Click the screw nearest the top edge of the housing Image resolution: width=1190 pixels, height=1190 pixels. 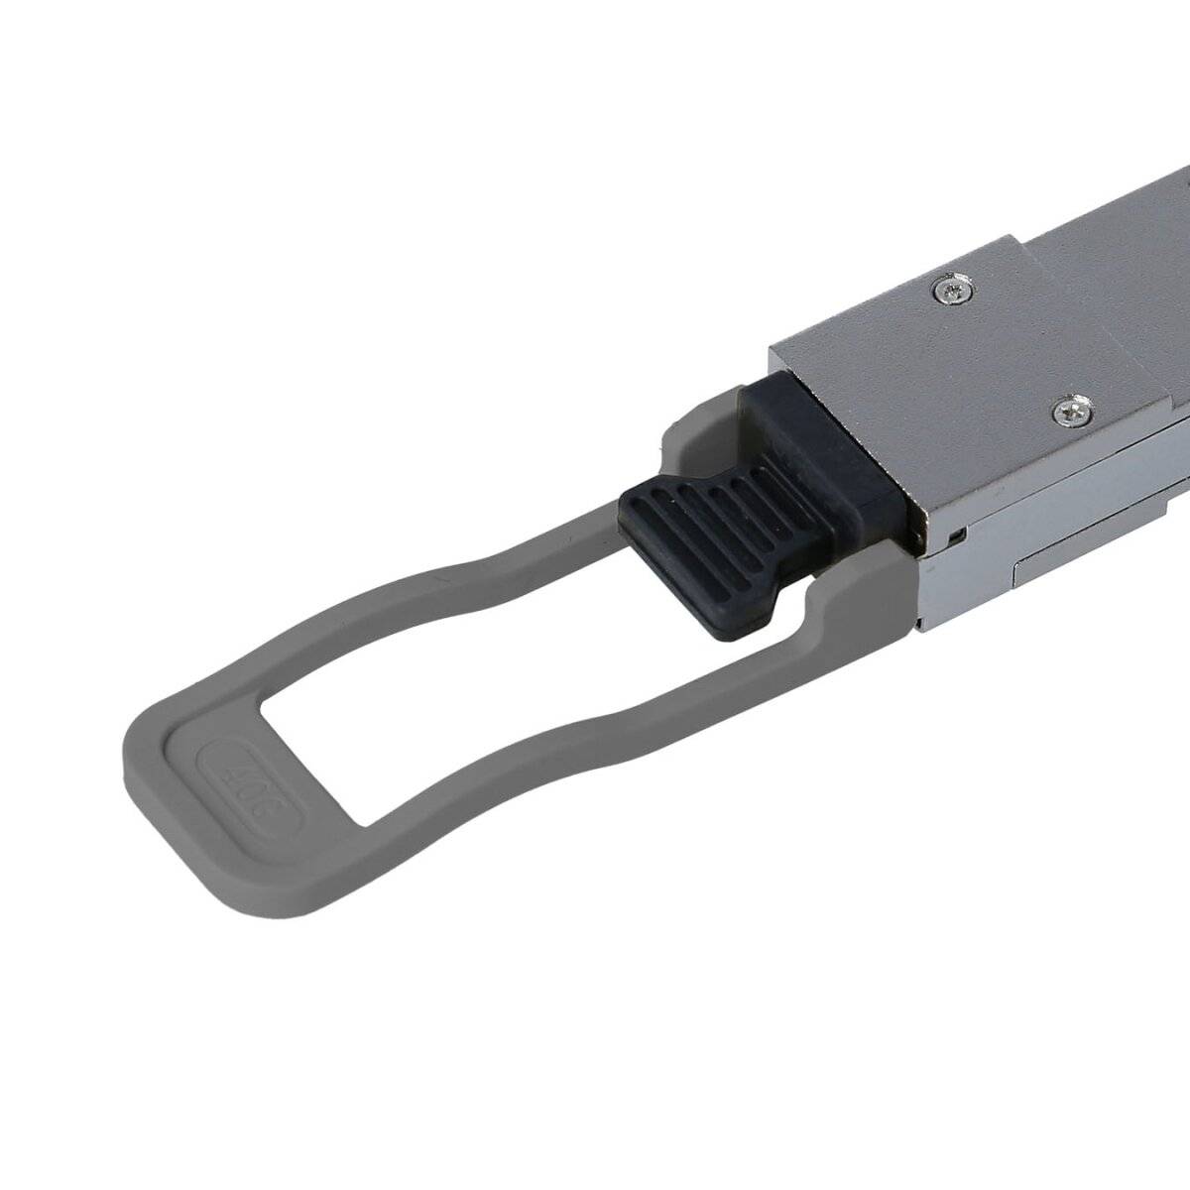click(x=954, y=290)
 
